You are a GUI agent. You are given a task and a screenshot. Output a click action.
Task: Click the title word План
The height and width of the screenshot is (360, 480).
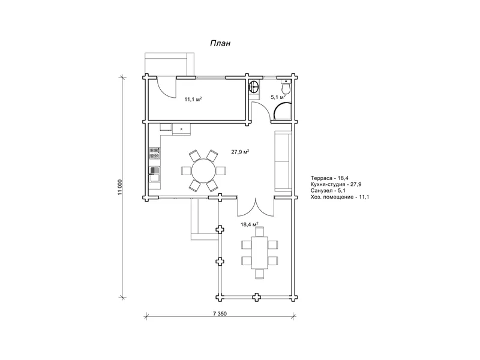(x=220, y=43)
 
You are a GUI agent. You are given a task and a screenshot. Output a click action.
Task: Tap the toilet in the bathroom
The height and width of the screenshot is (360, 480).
(x=286, y=86)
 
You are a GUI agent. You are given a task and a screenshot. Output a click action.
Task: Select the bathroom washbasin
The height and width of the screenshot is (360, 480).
(x=254, y=86)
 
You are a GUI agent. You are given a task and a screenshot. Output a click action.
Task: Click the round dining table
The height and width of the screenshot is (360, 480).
(x=203, y=170)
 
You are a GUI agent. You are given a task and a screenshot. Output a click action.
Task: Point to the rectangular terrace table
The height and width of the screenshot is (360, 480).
(x=260, y=253)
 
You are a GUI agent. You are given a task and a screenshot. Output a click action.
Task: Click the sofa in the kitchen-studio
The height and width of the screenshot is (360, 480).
(x=283, y=161)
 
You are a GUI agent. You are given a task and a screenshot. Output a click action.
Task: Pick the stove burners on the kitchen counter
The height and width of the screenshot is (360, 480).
(x=155, y=154)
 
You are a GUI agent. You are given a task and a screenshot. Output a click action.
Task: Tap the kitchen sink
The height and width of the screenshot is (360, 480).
(x=155, y=175)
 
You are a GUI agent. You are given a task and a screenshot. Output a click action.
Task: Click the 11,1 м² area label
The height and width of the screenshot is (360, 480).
(x=193, y=99)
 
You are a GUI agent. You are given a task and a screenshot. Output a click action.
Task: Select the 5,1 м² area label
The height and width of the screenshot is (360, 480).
(x=278, y=97)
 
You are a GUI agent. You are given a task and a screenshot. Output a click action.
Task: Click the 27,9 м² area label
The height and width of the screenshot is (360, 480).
(x=240, y=152)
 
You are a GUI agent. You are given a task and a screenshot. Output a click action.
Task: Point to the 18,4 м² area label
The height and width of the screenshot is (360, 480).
(x=250, y=224)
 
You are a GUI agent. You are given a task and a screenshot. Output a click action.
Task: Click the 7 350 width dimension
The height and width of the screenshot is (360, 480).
(x=220, y=313)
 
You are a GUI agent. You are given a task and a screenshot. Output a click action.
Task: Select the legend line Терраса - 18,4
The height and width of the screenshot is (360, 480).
(x=329, y=178)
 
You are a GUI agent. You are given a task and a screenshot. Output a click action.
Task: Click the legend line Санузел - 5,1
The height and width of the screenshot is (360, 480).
(x=328, y=190)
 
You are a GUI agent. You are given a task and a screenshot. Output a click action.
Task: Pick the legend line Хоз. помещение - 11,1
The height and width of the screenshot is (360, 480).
(x=340, y=197)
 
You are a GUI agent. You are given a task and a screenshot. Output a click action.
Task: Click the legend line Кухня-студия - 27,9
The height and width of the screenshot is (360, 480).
(x=336, y=184)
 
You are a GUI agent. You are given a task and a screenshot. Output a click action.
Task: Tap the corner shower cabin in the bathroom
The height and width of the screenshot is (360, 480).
(x=282, y=112)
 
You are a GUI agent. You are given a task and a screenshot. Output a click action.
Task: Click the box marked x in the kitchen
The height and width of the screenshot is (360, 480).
(x=181, y=129)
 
